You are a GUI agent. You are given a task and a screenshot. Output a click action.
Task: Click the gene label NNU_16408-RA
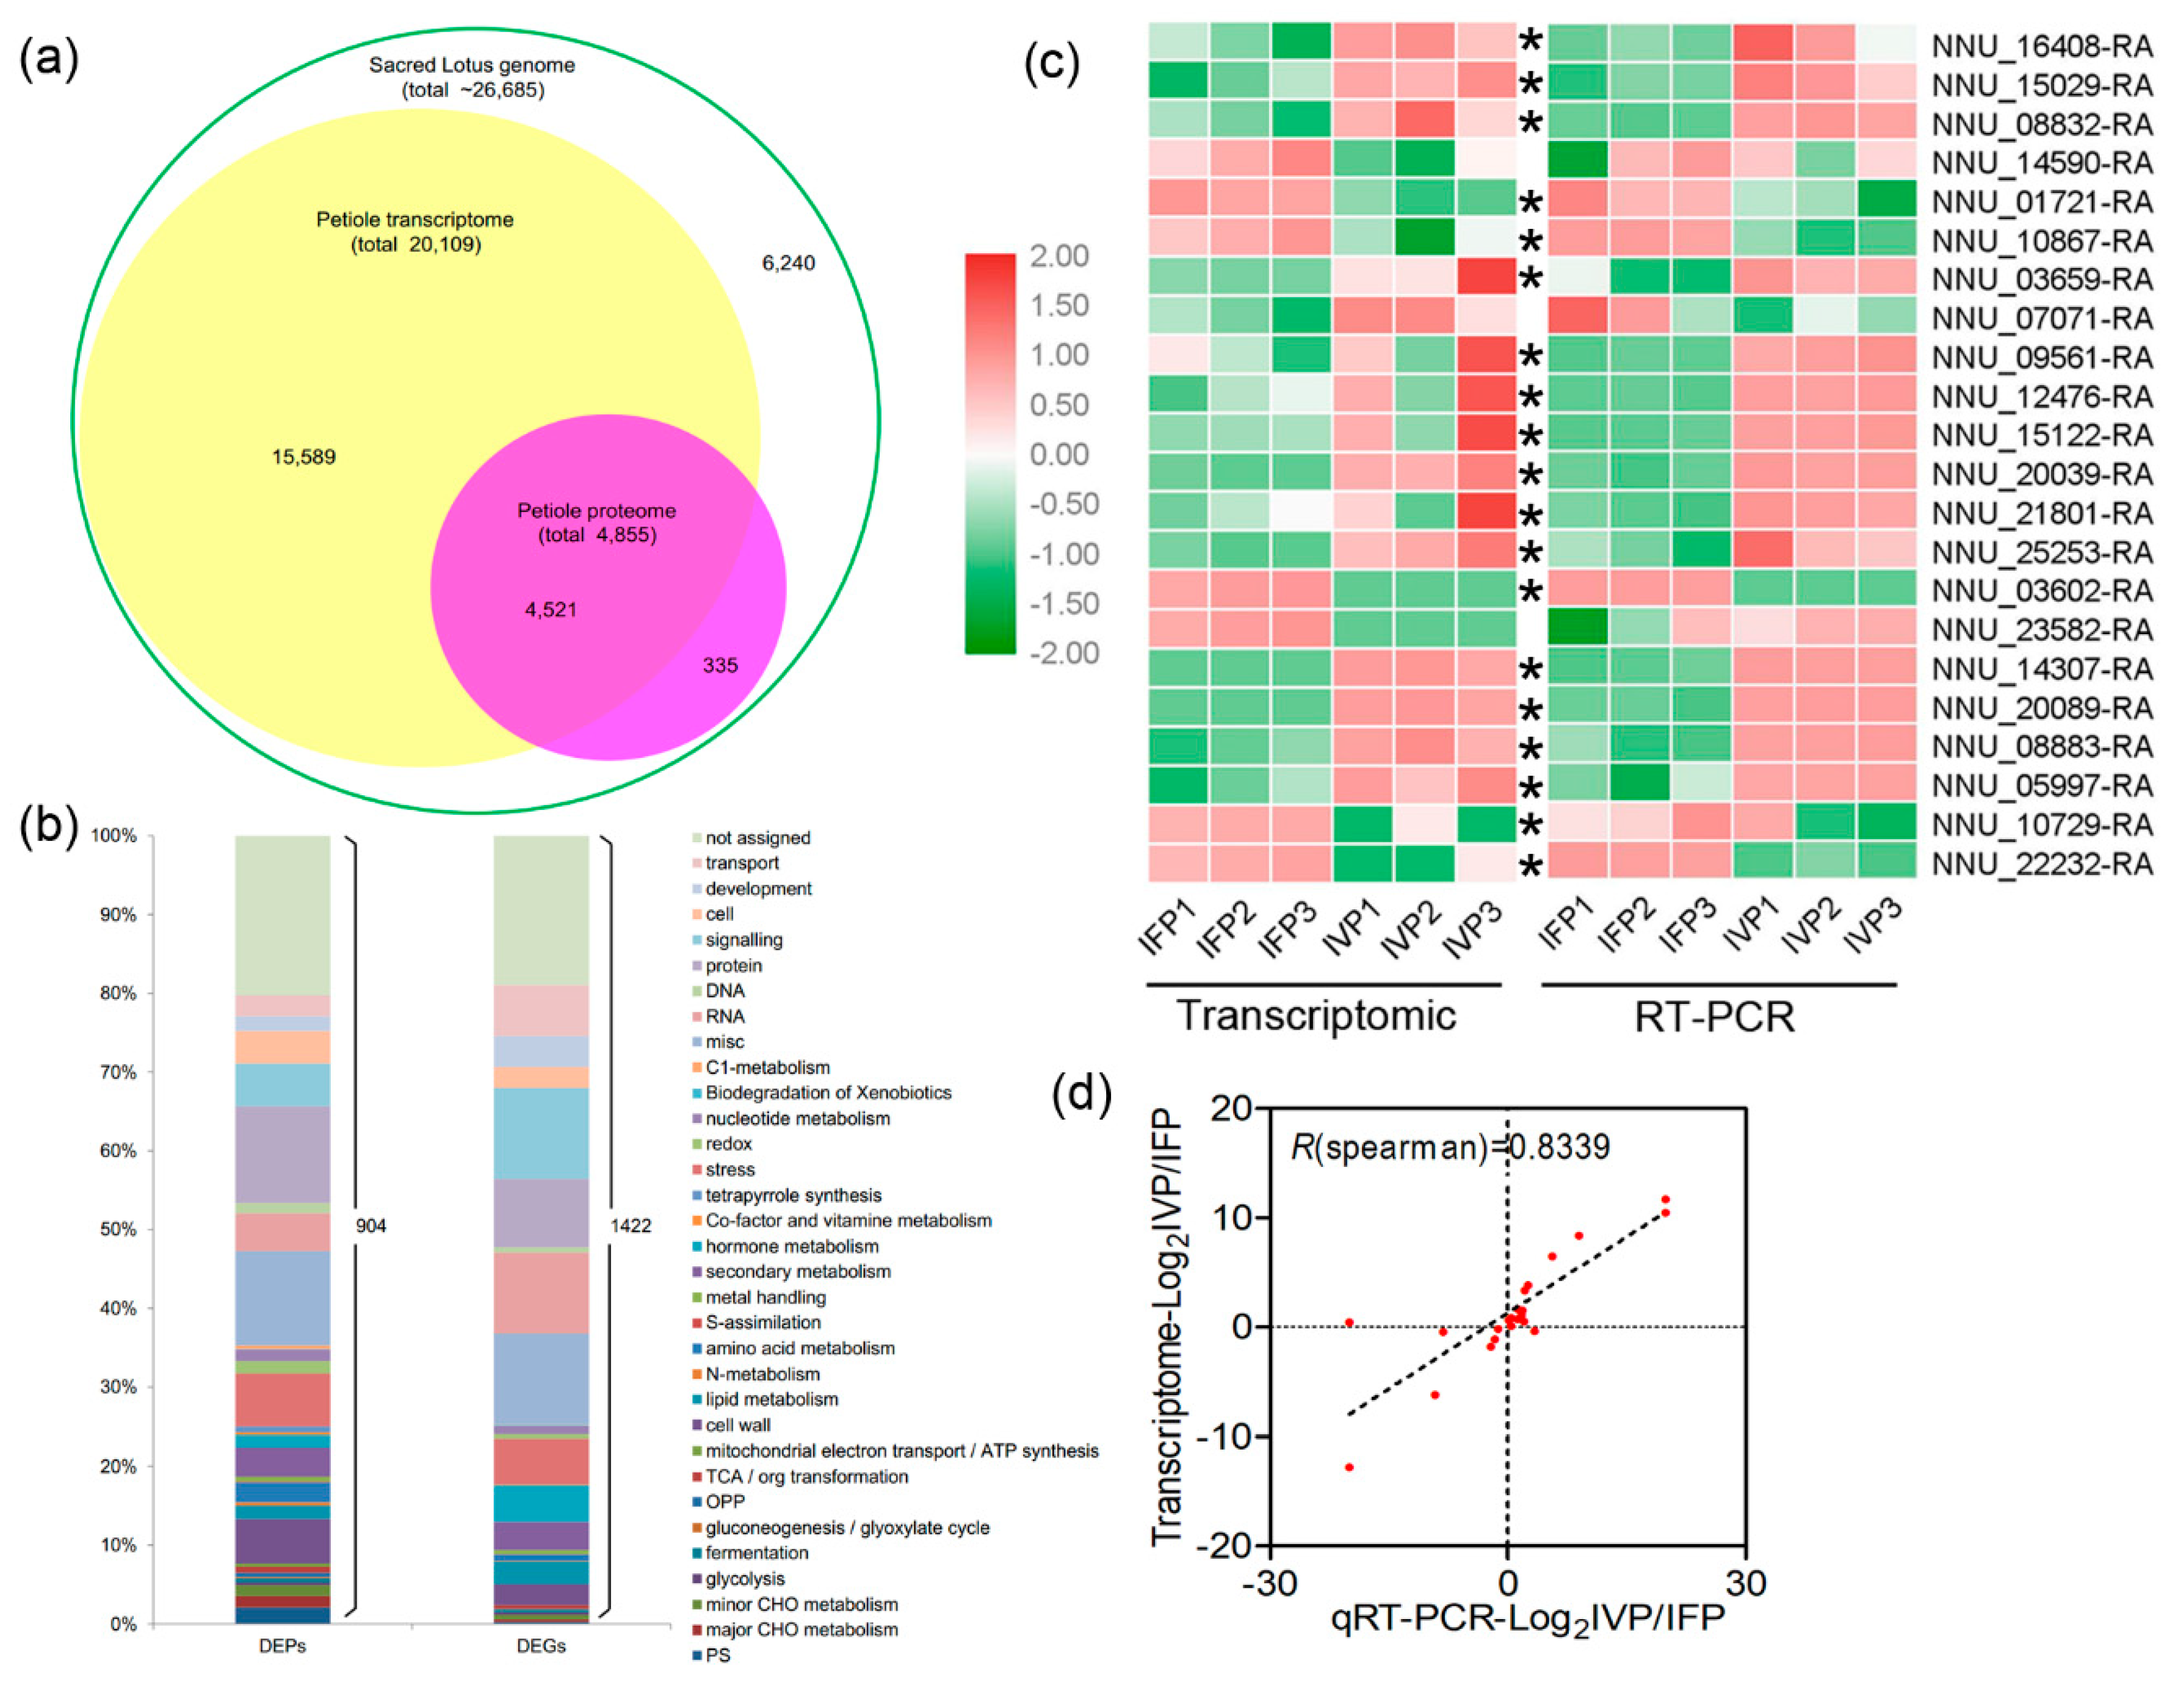[x=2041, y=46]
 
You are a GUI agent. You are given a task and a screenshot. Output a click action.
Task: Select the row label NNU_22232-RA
[x=2041, y=864]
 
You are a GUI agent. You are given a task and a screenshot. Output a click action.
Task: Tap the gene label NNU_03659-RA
[x=2041, y=279]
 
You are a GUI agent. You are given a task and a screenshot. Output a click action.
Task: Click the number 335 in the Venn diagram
[x=720, y=665]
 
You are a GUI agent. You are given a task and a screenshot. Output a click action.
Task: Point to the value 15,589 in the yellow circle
[x=303, y=456]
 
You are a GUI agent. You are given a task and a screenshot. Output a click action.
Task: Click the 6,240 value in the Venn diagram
[x=788, y=263]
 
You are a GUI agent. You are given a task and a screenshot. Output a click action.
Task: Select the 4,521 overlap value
[x=551, y=609]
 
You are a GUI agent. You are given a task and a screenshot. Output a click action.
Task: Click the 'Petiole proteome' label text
[x=596, y=510]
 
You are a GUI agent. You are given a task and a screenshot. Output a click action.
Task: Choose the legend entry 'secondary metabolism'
[x=798, y=1271]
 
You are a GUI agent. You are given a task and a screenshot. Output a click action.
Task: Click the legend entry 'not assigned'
[x=758, y=837]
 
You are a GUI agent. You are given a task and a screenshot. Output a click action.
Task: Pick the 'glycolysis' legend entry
[x=745, y=1578]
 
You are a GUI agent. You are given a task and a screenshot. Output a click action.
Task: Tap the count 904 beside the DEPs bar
[x=371, y=1225]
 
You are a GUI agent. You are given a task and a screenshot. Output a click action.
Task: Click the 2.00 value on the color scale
[x=1059, y=256]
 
